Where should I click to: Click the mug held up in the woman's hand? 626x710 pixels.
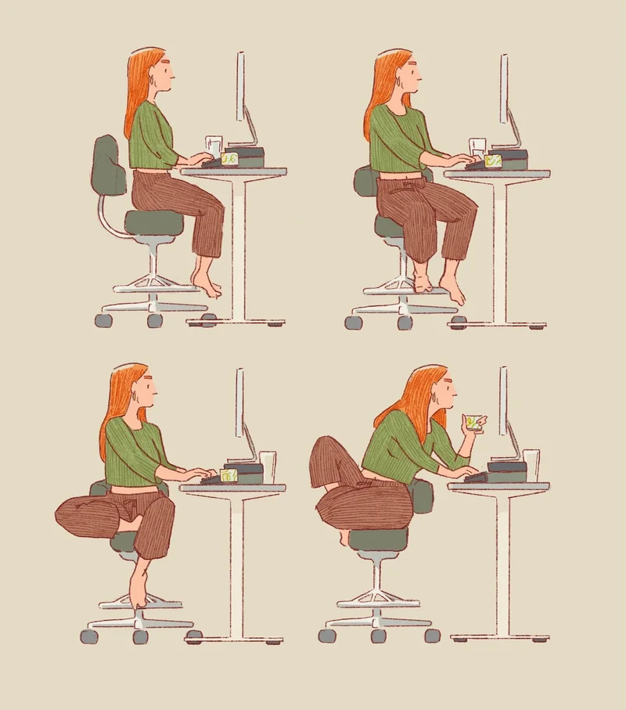coord(471,423)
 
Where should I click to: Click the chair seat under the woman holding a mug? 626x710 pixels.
coord(377,539)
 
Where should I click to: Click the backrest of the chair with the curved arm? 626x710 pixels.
coord(109,166)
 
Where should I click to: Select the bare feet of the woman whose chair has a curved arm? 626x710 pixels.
coord(206,283)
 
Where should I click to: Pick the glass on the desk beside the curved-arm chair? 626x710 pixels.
coord(214,146)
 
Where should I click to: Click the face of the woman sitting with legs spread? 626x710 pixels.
coord(411,74)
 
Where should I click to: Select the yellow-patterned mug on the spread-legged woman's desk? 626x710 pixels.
coord(493,160)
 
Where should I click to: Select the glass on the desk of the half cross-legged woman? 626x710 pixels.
coord(267,466)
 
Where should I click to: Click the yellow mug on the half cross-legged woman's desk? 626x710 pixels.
coord(228,474)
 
